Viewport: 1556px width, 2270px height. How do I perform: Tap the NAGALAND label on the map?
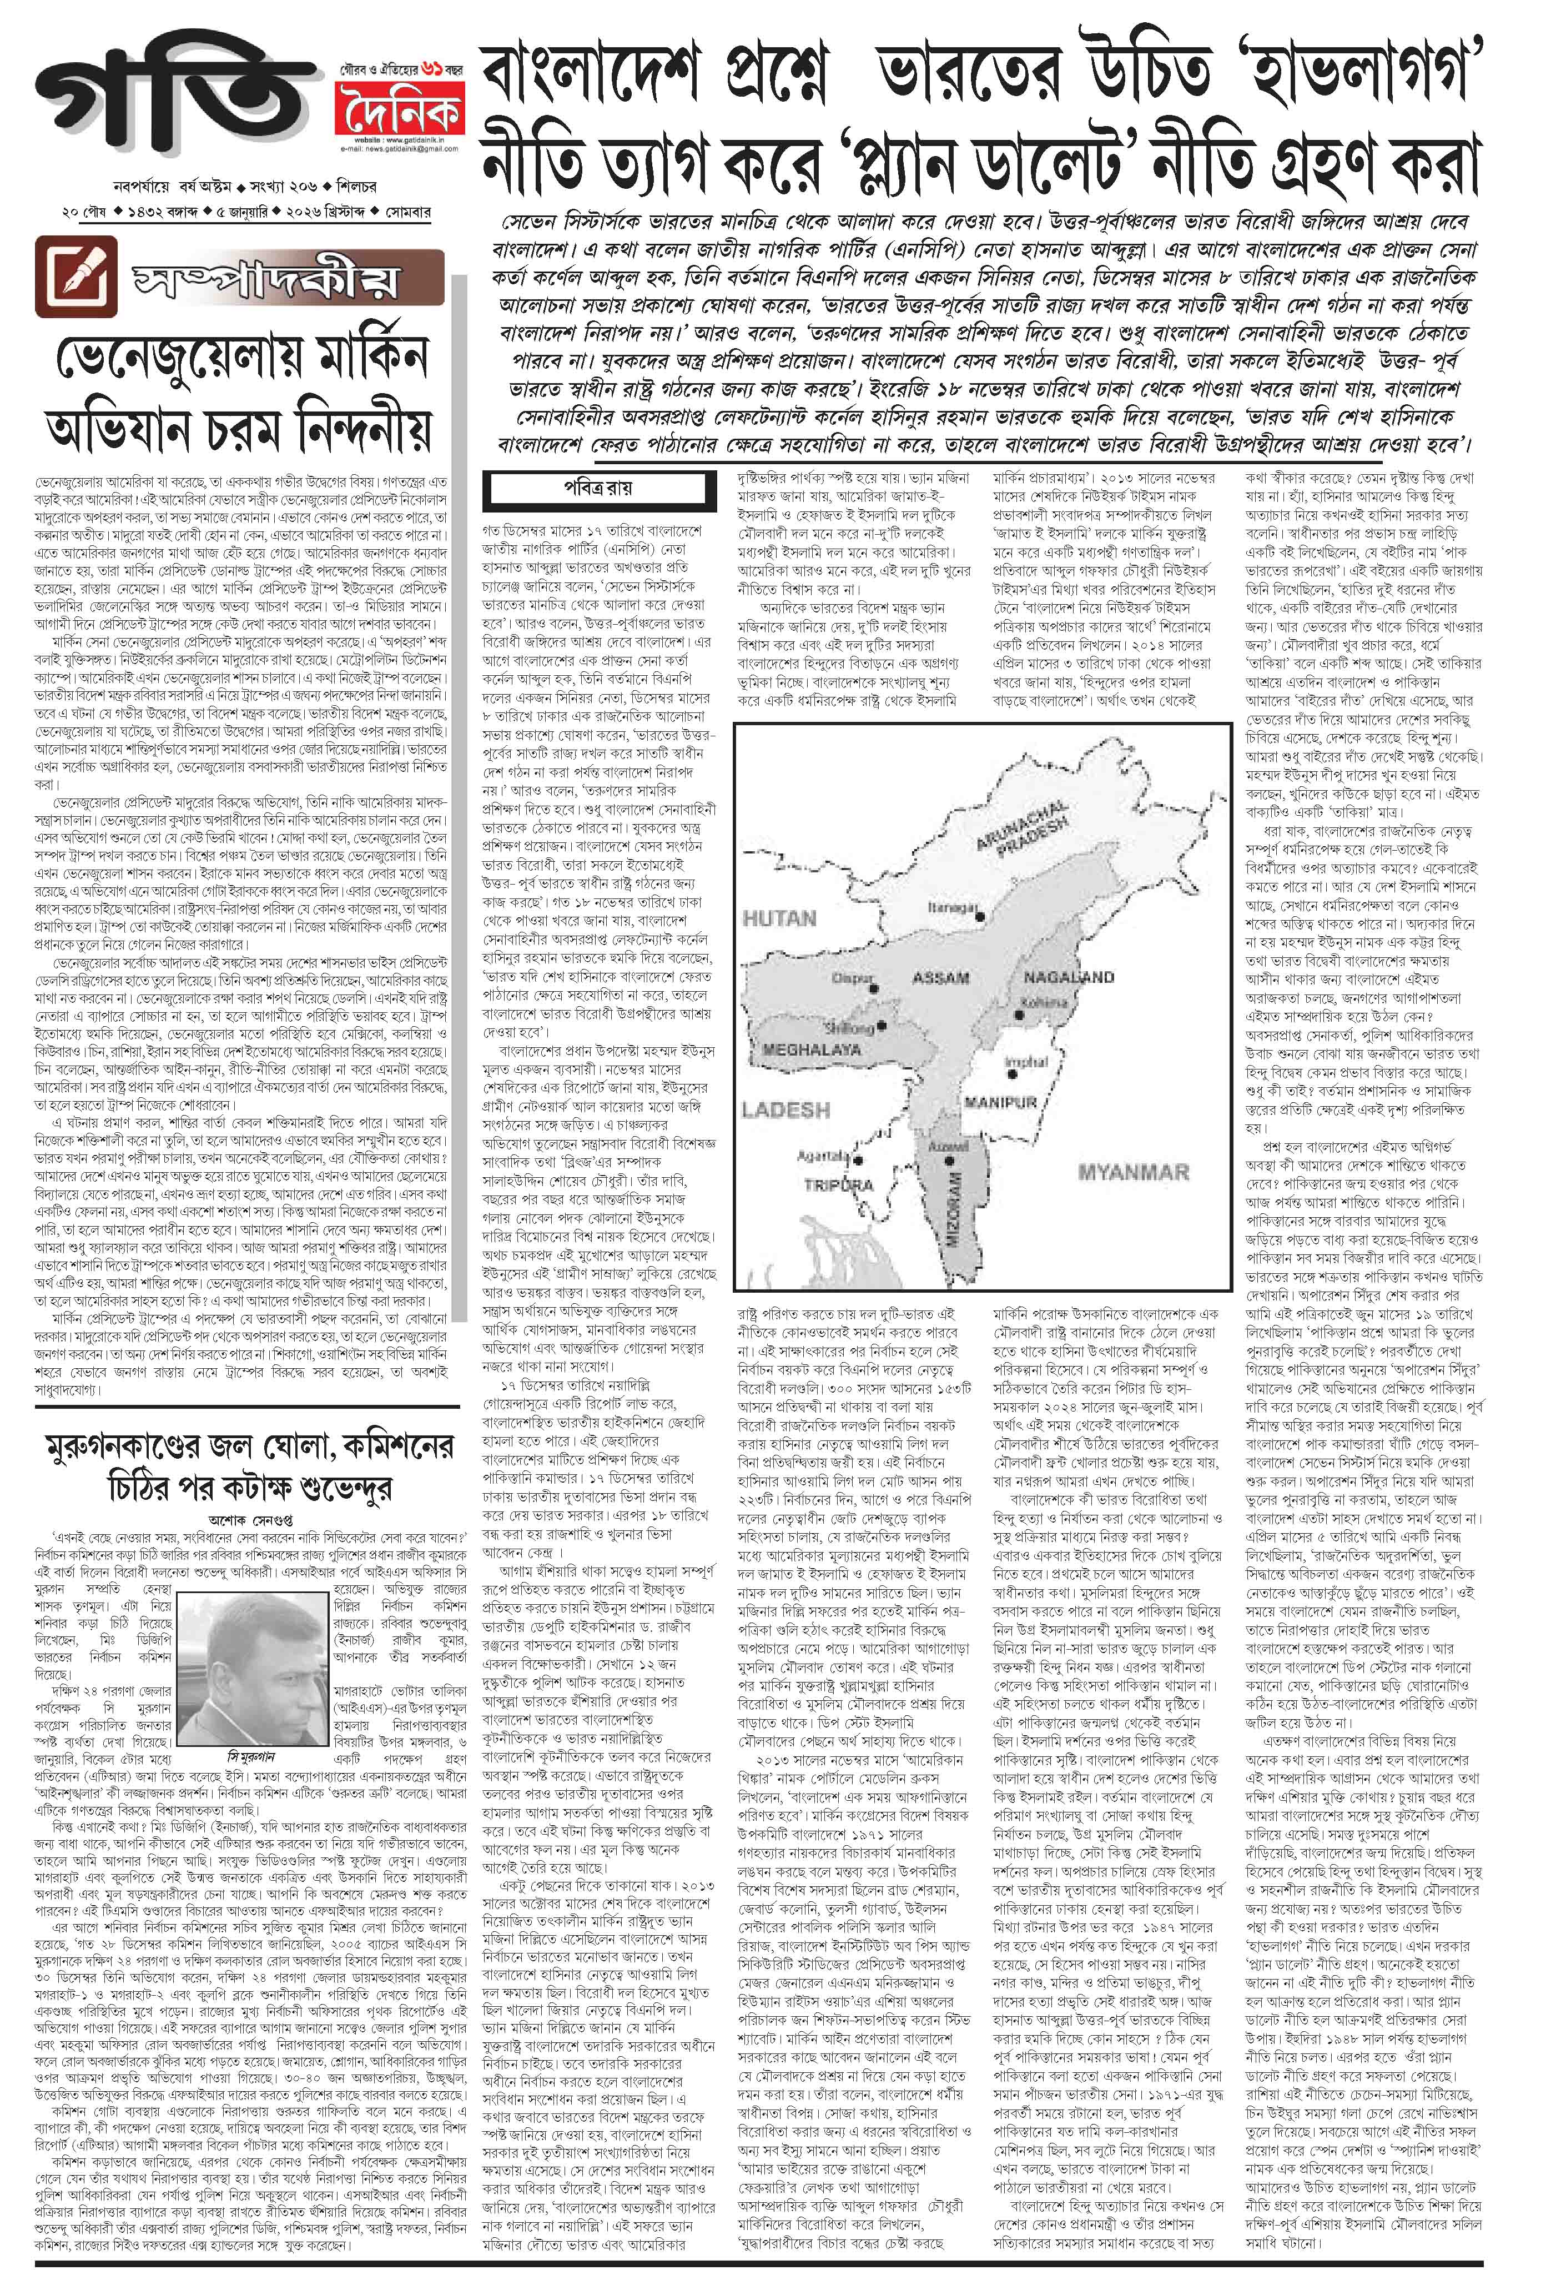(1069, 977)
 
